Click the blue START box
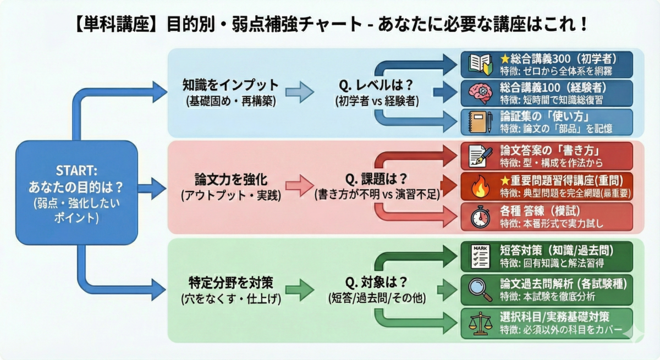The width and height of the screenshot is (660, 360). [x=76, y=192]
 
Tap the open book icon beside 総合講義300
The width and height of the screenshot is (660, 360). [x=477, y=64]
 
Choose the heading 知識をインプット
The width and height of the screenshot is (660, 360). [x=230, y=85]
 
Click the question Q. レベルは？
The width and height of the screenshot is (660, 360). [x=376, y=85]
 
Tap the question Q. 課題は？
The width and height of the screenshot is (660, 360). [x=376, y=180]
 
